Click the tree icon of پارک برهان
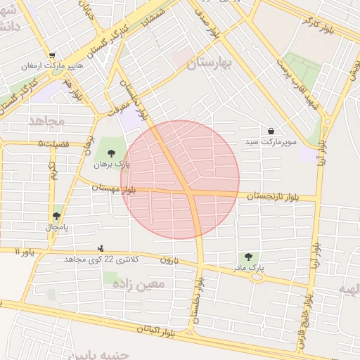pyautogui.click(x=110, y=153)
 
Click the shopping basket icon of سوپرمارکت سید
pyautogui.click(x=271, y=131)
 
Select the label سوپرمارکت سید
pyautogui.click(x=271, y=142)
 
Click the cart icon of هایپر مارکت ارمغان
pyautogui.click(x=53, y=56)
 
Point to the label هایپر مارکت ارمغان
pyautogui.click(x=53, y=65)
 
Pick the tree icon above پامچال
pyautogui.click(x=56, y=216)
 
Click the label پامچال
pyautogui.click(x=56, y=227)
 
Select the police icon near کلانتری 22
pyautogui.click(x=101, y=248)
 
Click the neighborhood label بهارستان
pyautogui.click(x=210, y=64)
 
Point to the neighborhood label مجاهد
pyautogui.click(x=46, y=121)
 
